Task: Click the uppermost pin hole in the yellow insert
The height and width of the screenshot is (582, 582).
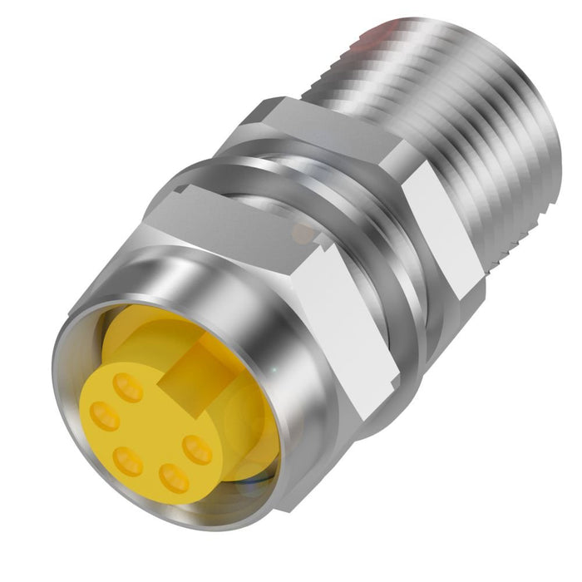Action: pos(128,387)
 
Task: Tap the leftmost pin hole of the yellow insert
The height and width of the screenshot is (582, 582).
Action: pos(105,415)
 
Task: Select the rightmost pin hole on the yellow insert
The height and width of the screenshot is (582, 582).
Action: pos(198,450)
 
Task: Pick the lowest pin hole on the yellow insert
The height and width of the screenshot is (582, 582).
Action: pos(174,477)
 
